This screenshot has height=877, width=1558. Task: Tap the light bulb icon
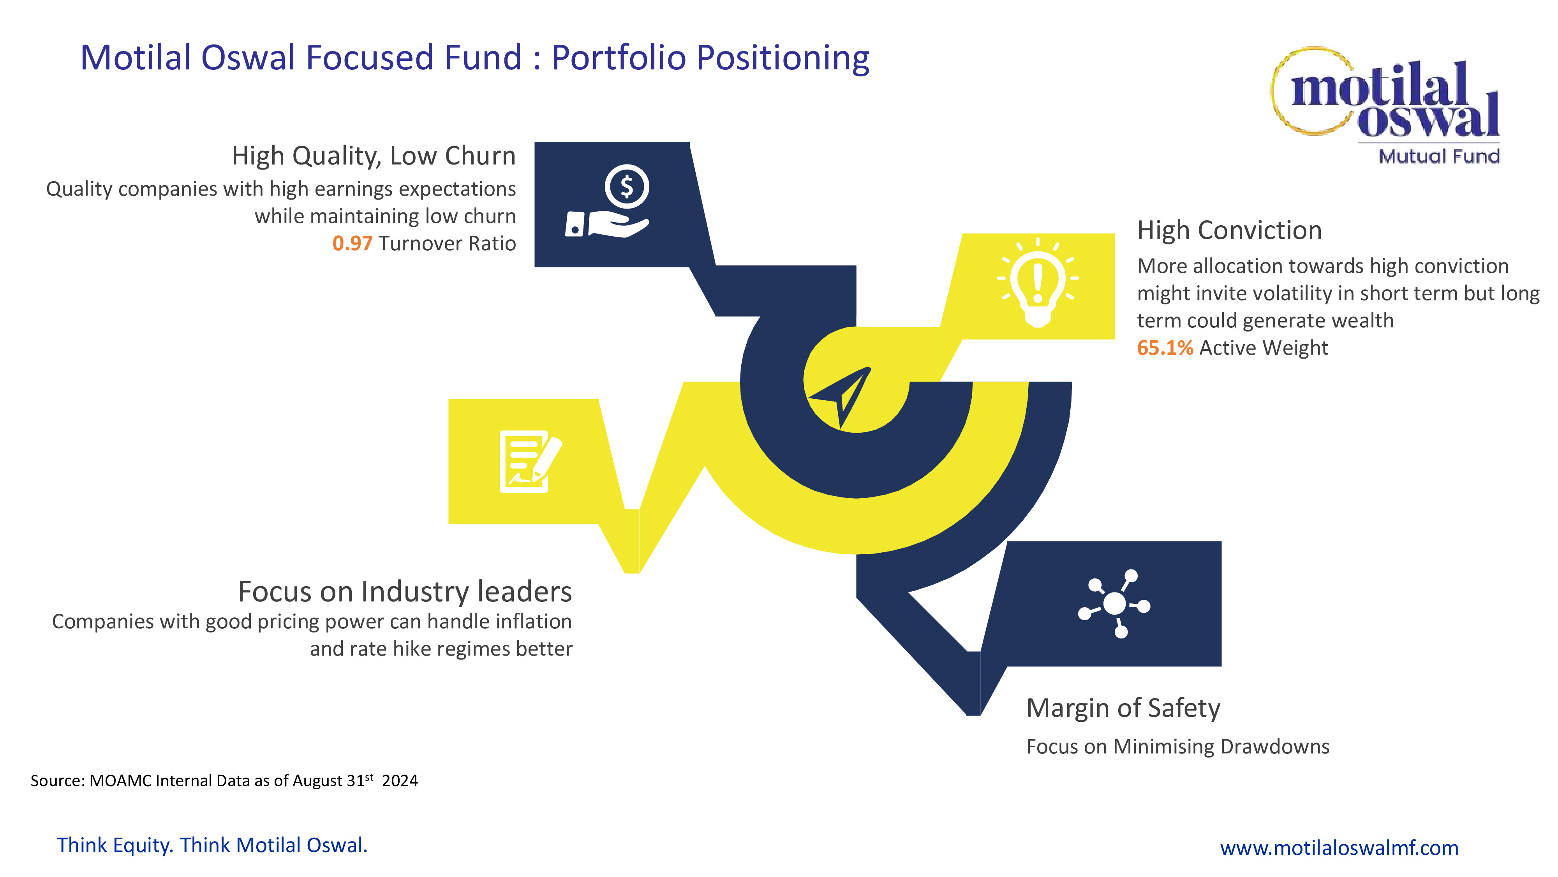point(1038,282)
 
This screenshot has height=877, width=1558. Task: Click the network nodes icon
point(1114,603)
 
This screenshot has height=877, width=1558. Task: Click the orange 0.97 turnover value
point(352,243)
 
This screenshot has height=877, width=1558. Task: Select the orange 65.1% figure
point(1165,348)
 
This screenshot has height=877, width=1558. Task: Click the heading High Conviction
point(1230,231)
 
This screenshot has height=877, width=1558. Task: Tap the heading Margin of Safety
point(1123,709)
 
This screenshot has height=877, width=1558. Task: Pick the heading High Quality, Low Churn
point(374,157)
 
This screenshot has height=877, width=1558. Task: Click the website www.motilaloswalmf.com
point(1339,847)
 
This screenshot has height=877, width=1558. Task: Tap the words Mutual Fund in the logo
point(1439,156)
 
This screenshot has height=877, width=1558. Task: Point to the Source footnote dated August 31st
point(224,780)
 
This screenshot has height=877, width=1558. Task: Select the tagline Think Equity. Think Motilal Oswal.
point(212,845)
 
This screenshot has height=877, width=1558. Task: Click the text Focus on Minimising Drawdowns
point(1177,747)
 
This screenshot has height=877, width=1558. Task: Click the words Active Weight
point(1264,348)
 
